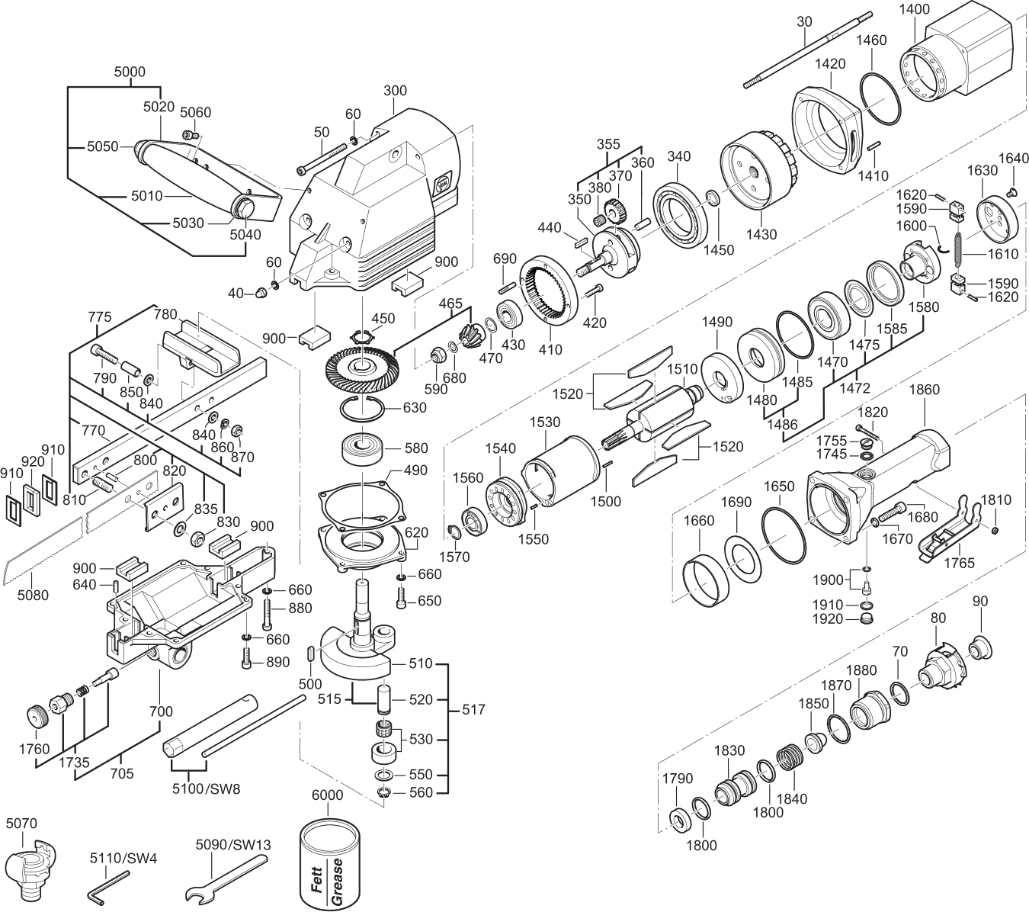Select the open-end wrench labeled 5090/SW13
tap(226, 882)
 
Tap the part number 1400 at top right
tap(928, 9)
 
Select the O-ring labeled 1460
tap(881, 99)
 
